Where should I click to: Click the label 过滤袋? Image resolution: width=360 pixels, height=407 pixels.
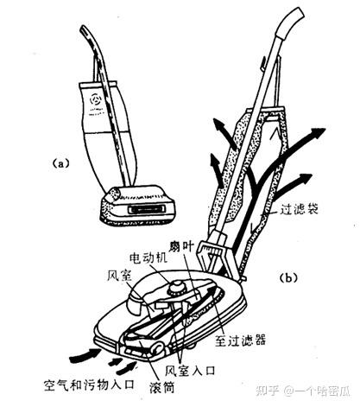pos(300,209)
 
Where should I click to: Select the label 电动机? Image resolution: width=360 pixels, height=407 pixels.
pos(148,258)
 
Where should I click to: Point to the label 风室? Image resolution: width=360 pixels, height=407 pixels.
pos(119,276)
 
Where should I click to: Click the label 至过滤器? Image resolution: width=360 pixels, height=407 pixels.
pos(240,340)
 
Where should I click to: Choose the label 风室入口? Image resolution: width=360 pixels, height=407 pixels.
pos(190,370)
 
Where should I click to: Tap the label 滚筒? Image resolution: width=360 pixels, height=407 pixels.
pos(162,388)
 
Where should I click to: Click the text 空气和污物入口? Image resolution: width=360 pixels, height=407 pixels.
pos(90,385)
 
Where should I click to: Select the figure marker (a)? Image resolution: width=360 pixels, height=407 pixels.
pos(60,163)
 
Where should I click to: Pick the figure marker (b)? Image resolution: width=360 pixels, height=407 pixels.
pos(288,278)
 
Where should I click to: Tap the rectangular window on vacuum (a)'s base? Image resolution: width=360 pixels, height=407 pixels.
pos(147,209)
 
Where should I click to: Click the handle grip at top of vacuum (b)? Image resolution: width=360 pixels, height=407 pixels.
pos(290,22)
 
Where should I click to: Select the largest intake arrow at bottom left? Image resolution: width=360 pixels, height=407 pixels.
pos(85,355)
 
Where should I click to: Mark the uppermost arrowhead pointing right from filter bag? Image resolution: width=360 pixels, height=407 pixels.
pos(318,132)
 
